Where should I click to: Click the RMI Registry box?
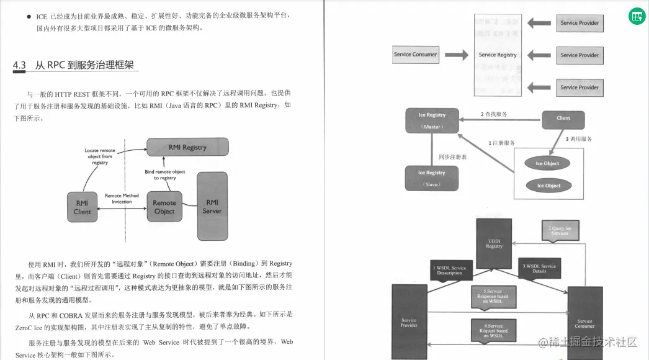[187, 147]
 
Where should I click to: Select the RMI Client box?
[82, 207]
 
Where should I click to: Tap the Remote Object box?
[164, 207]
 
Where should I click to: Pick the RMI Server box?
[212, 206]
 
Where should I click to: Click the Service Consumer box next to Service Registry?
[415, 55]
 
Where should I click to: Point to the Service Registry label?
[498, 55]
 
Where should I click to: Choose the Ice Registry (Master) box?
[432, 120]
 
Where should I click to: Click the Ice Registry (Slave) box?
[432, 178]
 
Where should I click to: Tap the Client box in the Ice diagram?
[563, 118]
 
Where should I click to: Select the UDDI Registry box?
[494, 243]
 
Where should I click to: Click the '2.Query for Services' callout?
[559, 231]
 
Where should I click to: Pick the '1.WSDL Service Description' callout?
[449, 271]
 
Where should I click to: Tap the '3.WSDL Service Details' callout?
[539, 269]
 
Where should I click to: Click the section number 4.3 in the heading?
[19, 65]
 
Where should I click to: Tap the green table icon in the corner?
[637, 16]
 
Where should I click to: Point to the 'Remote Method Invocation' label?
[122, 199]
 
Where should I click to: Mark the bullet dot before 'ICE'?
[29, 16]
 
